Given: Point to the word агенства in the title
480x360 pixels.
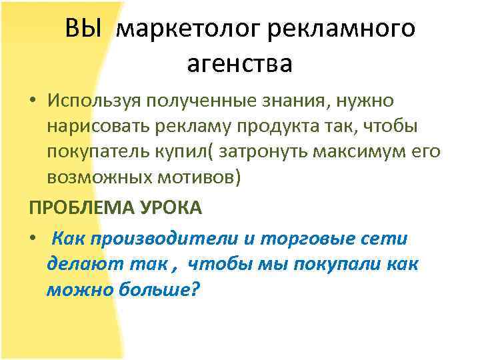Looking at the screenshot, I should pos(240,65).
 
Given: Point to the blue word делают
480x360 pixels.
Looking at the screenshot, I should pos(83,265).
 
